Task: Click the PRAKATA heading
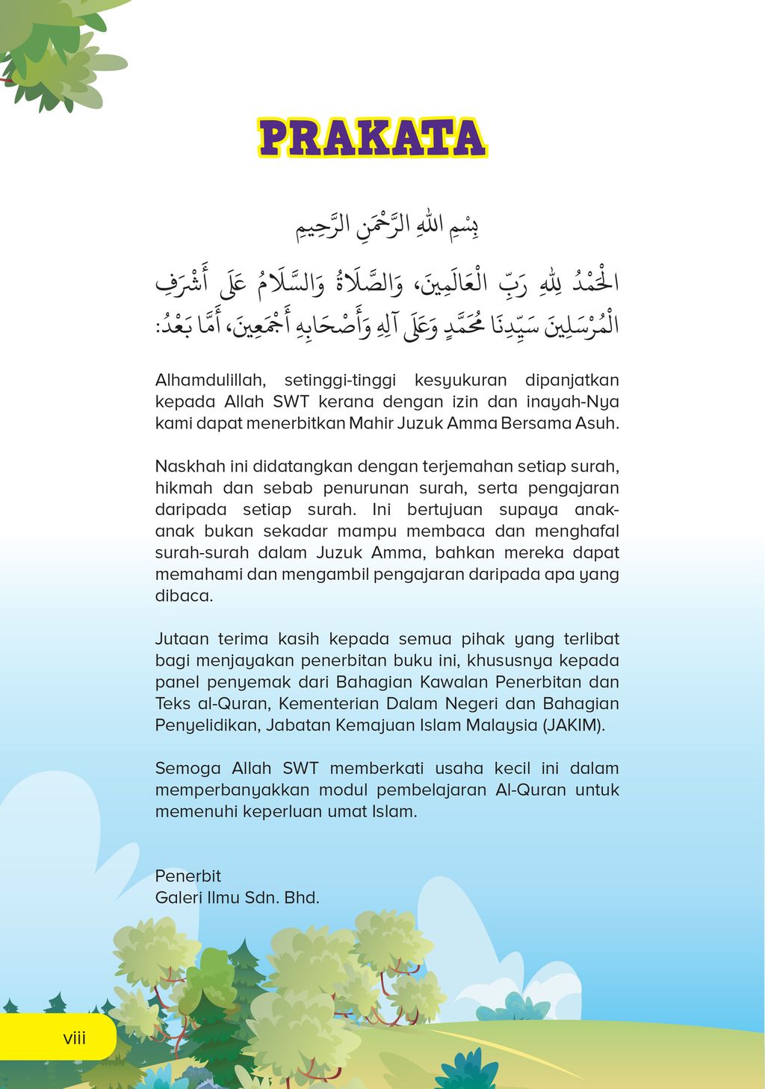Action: coord(372,138)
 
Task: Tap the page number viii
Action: coord(75,1037)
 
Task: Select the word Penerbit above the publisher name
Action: coord(188,876)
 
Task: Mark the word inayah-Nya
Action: coord(573,402)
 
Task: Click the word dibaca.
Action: coord(184,596)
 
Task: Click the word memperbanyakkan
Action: coord(232,790)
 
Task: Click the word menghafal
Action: coord(576,531)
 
